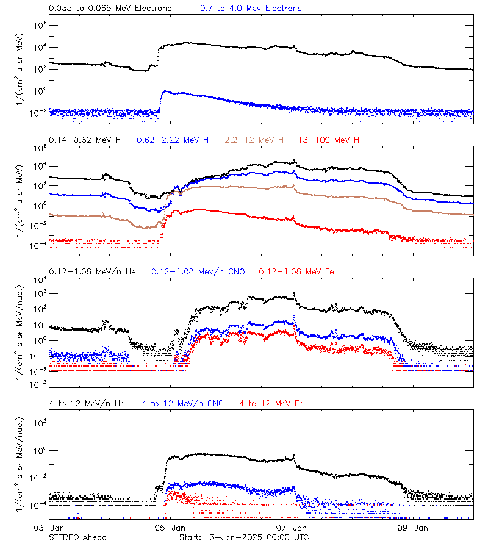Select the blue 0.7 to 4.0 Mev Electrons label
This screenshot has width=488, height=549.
(251, 9)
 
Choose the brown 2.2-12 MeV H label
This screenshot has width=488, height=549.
(258, 140)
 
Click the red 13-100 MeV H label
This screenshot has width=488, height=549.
(329, 140)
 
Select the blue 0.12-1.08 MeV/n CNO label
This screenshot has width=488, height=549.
(198, 271)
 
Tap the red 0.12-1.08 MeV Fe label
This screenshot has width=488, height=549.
(296, 271)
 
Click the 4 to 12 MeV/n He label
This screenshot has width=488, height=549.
(87, 404)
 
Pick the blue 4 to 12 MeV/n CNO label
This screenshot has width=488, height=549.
(182, 404)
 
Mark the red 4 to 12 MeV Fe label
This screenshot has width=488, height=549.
(271, 404)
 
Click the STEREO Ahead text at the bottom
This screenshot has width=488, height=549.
(77, 537)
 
